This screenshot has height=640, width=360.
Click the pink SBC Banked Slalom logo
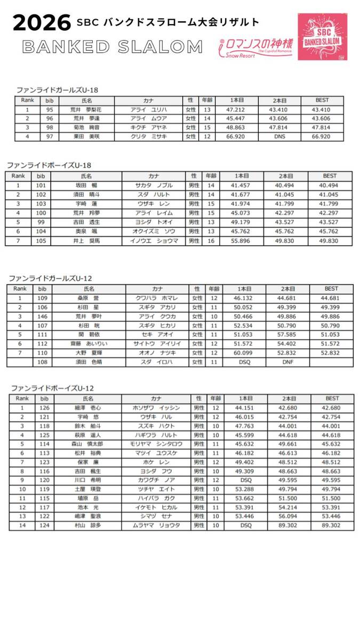(x=322, y=36)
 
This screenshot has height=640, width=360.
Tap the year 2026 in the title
(x=42, y=23)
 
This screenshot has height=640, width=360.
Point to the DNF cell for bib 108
(x=287, y=362)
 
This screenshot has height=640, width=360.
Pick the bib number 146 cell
(x=43, y=316)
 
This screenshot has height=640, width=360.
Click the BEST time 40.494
(x=329, y=186)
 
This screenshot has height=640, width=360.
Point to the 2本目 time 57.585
(x=287, y=334)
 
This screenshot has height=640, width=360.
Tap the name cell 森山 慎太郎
(x=86, y=444)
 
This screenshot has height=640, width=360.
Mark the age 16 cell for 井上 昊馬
(x=210, y=241)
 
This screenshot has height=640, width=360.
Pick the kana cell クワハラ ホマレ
(x=158, y=298)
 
